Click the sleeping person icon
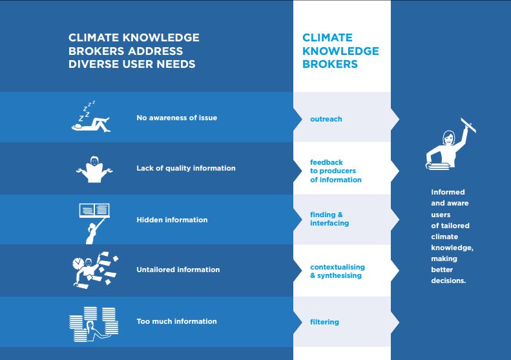point(91,117)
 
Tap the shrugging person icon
point(94,169)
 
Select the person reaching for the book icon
point(94,224)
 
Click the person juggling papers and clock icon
point(95,270)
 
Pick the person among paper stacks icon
point(94,324)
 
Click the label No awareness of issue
point(176,118)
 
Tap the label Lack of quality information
point(186,168)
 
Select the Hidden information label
point(172,220)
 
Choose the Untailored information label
point(178,270)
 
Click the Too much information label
point(176,321)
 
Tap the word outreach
point(326,119)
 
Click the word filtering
point(324,322)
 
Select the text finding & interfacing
point(329,219)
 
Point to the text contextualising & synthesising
point(337,271)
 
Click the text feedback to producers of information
point(336,171)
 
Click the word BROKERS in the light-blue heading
point(330,64)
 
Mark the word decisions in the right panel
point(448,281)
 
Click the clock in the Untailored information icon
point(78,263)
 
